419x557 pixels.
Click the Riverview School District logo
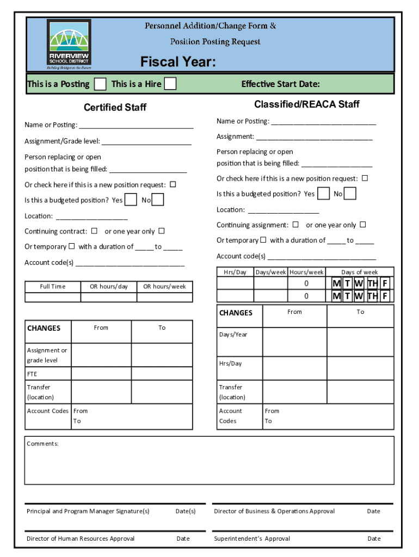pos(69,44)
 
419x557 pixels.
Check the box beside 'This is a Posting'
pos(100,84)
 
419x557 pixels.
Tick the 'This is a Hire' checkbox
pos(170,84)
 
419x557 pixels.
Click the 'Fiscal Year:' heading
pos(178,63)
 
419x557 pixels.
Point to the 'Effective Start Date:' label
pos(280,84)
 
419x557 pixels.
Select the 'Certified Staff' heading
pos(115,108)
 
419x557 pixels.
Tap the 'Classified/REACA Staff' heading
pos(306,104)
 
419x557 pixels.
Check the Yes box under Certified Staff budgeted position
pos(131,200)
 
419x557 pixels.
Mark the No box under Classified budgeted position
pos(350,194)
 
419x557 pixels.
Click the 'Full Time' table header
pos(53,287)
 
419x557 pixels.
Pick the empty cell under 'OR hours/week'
pos(164,297)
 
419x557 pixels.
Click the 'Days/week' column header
pos(271,272)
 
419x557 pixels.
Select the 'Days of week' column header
pos(359,272)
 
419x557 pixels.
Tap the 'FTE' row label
pos(32,374)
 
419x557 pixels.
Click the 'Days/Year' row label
pos(233,335)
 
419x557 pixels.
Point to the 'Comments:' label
pos(42,444)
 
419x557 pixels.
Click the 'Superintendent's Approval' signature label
pos(252,539)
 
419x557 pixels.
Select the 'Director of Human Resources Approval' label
pos(81,539)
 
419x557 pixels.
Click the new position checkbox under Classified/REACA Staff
pos(365,178)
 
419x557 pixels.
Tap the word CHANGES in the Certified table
pos(44,328)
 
